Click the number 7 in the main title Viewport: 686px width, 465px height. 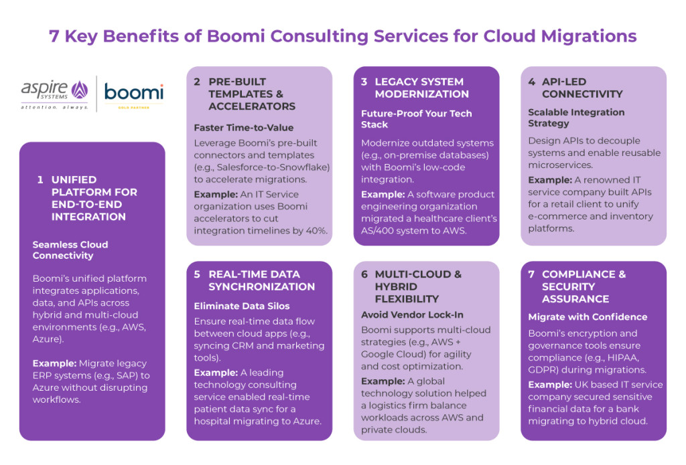[x=54, y=35]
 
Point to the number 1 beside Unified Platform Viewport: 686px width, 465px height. [x=40, y=179]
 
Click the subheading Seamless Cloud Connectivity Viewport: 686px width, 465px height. [x=70, y=250]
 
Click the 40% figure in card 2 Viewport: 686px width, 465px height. [x=315, y=231]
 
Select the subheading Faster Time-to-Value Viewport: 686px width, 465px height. [x=243, y=127]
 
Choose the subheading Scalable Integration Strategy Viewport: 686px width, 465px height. [x=576, y=118]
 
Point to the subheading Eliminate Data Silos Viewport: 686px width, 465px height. [x=242, y=306]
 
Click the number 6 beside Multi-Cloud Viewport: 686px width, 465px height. [x=365, y=274]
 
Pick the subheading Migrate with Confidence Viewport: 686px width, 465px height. [x=588, y=316]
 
